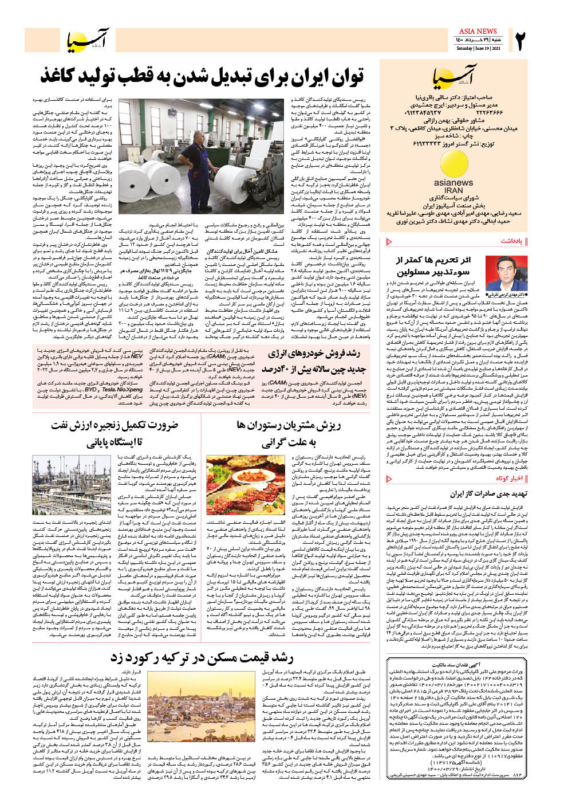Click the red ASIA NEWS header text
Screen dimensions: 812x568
[x=478, y=31]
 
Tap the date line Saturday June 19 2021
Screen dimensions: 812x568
[x=478, y=48]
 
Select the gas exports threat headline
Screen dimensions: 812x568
[x=479, y=493]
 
